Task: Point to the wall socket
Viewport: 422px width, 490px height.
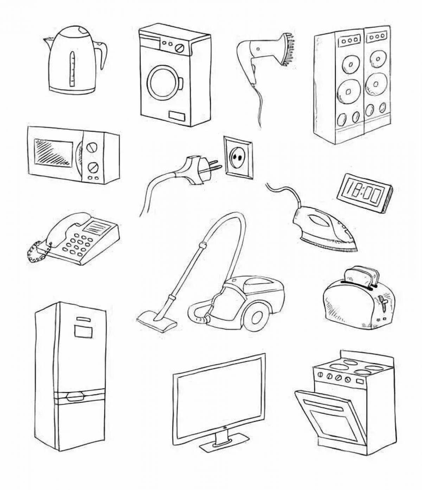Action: click(x=238, y=158)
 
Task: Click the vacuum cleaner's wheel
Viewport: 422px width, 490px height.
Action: click(x=257, y=318)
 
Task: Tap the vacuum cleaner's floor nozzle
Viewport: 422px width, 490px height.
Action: click(x=156, y=322)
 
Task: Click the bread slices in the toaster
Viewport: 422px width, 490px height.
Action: click(x=361, y=276)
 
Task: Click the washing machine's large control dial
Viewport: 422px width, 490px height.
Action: click(x=180, y=47)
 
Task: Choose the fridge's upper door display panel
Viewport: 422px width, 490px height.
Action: click(x=83, y=331)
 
